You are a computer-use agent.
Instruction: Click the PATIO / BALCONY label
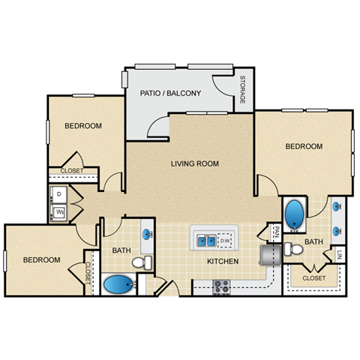[x=171, y=94]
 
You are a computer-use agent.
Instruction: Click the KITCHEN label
[x=223, y=262]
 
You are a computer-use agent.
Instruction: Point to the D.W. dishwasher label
[x=226, y=241]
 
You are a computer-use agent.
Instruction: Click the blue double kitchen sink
[x=206, y=241]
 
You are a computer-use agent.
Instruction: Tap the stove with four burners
[x=221, y=285]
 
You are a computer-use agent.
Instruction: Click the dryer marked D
[x=58, y=194]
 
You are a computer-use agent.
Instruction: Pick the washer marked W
[x=58, y=212]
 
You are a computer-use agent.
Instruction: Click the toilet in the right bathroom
[x=295, y=248]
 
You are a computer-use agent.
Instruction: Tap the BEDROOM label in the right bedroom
[x=304, y=146]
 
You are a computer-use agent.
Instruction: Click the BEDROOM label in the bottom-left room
[x=40, y=259]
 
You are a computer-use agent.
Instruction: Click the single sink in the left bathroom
[x=147, y=233]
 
